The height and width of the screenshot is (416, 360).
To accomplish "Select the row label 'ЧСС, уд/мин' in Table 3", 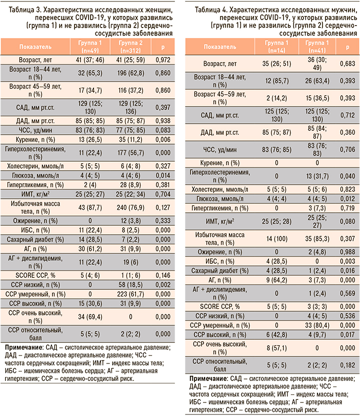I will (x=33, y=130).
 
